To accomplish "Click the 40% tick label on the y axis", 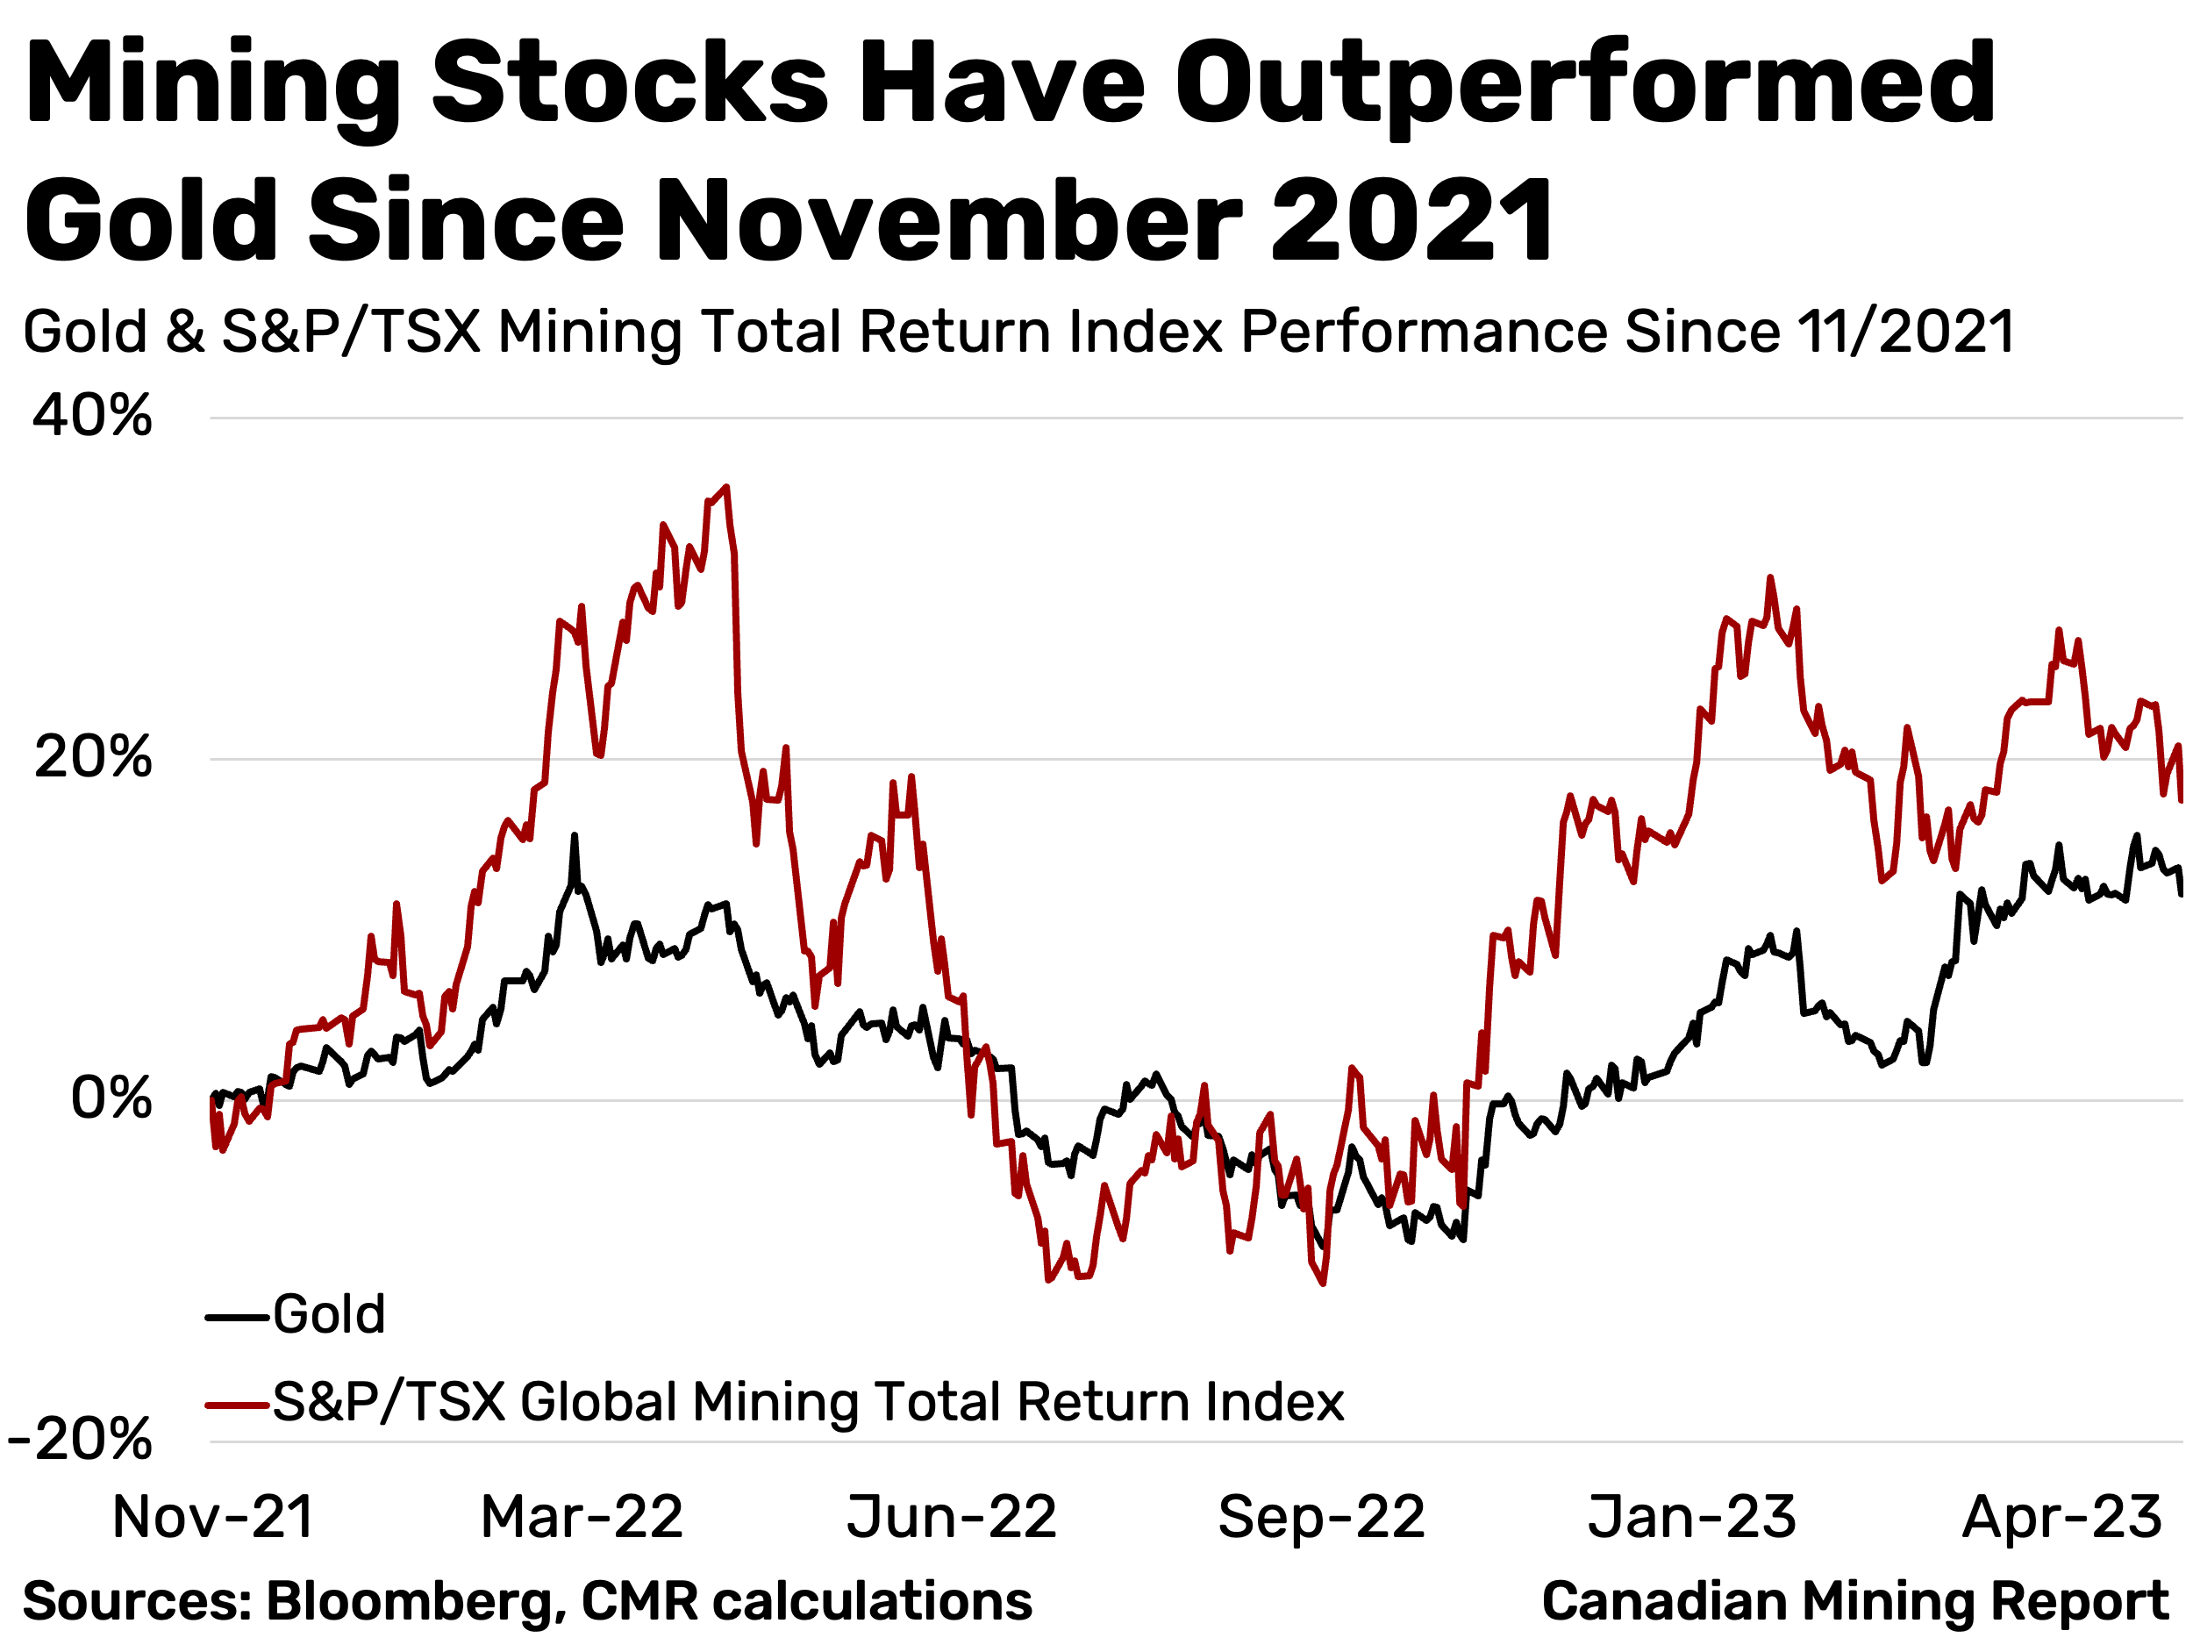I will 92,416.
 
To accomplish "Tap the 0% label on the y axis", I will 111,1098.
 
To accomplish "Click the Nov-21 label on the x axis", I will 213,1517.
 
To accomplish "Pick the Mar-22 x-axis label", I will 582,1517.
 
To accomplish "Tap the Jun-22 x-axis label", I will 952,1517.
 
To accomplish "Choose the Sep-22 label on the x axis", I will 1322,1517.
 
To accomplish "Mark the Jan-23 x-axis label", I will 1692,1517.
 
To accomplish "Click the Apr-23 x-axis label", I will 2062,1517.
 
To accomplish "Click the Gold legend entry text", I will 328,1315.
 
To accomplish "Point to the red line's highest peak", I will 726,487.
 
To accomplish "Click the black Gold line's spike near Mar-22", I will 574,836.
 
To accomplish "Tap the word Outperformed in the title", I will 1584,84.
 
